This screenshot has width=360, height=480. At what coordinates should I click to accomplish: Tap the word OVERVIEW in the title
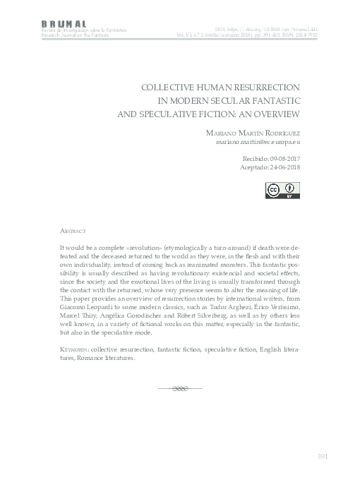(x=275, y=112)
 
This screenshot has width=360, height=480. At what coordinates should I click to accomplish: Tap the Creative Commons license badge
(x=282, y=191)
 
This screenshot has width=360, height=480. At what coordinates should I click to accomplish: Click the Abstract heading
(x=73, y=231)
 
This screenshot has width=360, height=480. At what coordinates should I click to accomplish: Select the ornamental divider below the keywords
(x=180, y=388)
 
